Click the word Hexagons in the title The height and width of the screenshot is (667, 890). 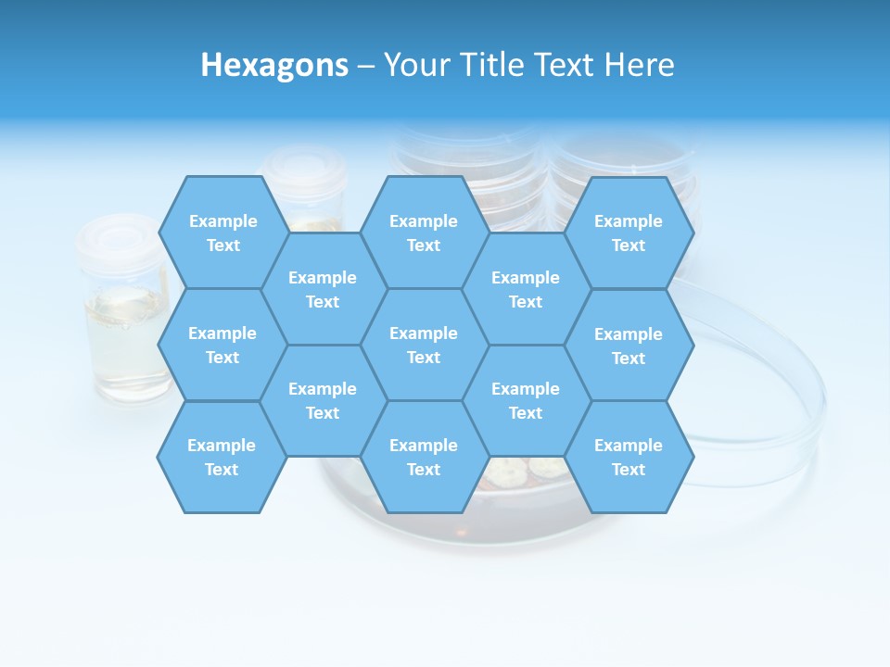pyautogui.click(x=274, y=65)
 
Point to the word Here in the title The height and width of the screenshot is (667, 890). pyautogui.click(x=639, y=65)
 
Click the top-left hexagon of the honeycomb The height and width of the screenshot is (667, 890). pyautogui.click(x=222, y=233)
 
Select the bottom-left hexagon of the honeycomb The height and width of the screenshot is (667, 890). pyautogui.click(x=222, y=457)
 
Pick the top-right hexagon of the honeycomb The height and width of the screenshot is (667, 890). pyautogui.click(x=629, y=233)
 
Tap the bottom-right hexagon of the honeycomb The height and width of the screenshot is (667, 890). pyautogui.click(x=629, y=457)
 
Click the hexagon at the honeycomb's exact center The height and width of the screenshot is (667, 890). pyautogui.click(x=424, y=345)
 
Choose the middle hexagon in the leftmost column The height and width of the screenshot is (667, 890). pyautogui.click(x=222, y=345)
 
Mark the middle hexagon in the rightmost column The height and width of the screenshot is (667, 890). pyautogui.click(x=629, y=346)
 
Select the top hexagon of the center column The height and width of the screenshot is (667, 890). pyautogui.click(x=424, y=233)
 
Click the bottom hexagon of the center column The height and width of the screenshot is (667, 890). pyautogui.click(x=424, y=457)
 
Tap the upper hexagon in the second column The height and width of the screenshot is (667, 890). pyautogui.click(x=323, y=289)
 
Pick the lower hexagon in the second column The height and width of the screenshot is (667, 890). pyautogui.click(x=323, y=400)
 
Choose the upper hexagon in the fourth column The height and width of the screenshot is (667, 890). pyautogui.click(x=526, y=289)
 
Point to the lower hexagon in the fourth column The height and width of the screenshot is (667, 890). pyautogui.click(x=526, y=400)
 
